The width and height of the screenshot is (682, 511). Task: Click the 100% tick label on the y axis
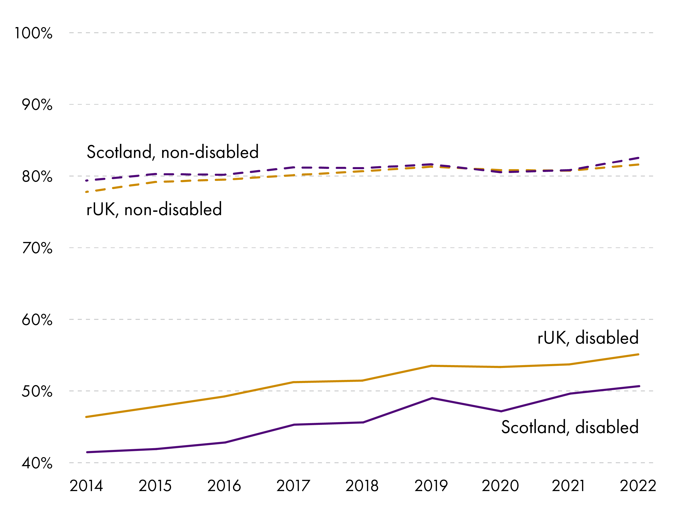tap(33, 33)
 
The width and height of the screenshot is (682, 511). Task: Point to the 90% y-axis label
tap(37, 105)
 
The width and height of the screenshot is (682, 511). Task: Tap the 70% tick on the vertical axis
tap(37, 248)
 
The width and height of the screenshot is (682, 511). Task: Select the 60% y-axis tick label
tap(37, 320)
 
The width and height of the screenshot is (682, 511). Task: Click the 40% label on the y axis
tap(37, 463)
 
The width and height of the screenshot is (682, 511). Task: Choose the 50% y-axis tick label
tap(37, 391)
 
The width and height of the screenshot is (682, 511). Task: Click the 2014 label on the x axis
tap(86, 486)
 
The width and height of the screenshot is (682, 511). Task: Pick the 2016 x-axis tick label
tap(224, 486)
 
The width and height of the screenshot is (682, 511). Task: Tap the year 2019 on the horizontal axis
tap(431, 486)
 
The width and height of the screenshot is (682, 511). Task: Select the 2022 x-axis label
tap(638, 486)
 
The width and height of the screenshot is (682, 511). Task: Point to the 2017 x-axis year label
tap(293, 486)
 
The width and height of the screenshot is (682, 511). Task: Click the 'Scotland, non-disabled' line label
tap(173, 152)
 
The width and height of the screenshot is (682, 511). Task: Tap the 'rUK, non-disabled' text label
tap(154, 210)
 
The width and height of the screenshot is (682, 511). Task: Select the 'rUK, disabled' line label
tap(588, 338)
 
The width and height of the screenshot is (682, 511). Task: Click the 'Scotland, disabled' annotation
tap(570, 427)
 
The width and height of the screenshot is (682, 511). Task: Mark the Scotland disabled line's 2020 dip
tap(501, 411)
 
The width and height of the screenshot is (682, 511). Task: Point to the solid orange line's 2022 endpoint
tap(639, 355)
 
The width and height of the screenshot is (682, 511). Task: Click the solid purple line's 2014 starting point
tap(87, 452)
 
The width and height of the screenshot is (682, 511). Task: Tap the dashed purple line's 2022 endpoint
tap(638, 158)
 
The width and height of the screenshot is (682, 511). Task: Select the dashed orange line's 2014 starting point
tap(87, 192)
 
